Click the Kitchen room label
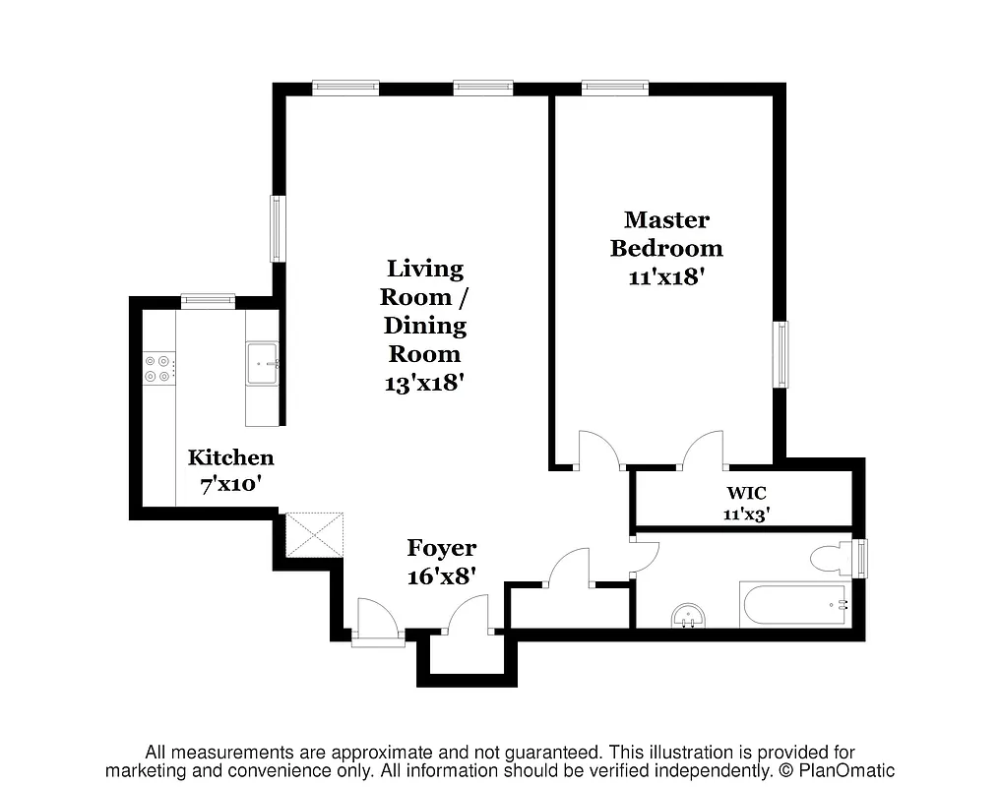coord(231,457)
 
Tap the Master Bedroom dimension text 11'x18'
coord(667,276)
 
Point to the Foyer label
coord(442,549)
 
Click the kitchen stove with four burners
coord(158,369)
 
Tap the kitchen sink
coord(262,364)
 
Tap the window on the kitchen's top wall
coord(208,301)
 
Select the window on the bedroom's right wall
coord(781,354)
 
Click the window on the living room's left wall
coord(278,229)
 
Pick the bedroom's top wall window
coord(615,89)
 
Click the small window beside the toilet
coord(863,559)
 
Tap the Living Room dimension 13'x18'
coord(424,383)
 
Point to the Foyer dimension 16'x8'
coord(442,576)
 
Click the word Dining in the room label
coord(424,326)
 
